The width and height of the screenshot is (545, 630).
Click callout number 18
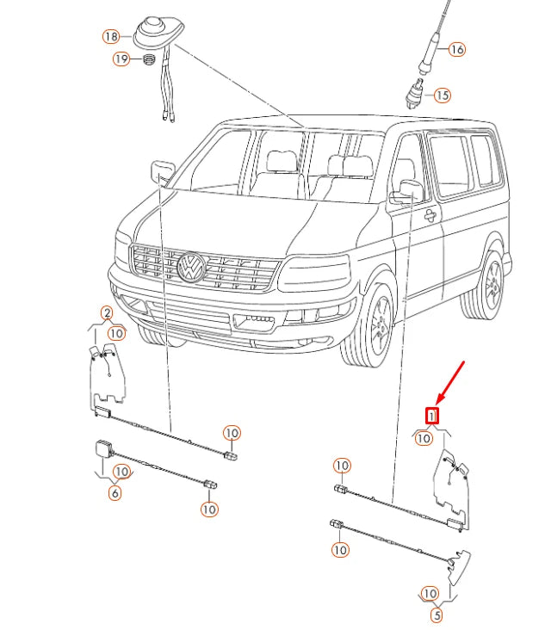(x=110, y=37)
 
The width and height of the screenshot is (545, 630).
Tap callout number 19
(x=121, y=59)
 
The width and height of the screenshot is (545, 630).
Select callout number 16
(x=455, y=50)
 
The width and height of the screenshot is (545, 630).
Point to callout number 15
(x=442, y=96)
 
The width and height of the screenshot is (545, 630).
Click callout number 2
(x=107, y=313)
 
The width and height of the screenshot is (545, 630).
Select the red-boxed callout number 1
(x=433, y=416)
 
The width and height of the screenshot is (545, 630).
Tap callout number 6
(x=115, y=493)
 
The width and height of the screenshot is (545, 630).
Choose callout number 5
(x=437, y=615)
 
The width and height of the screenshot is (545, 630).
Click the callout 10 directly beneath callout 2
(x=116, y=332)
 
